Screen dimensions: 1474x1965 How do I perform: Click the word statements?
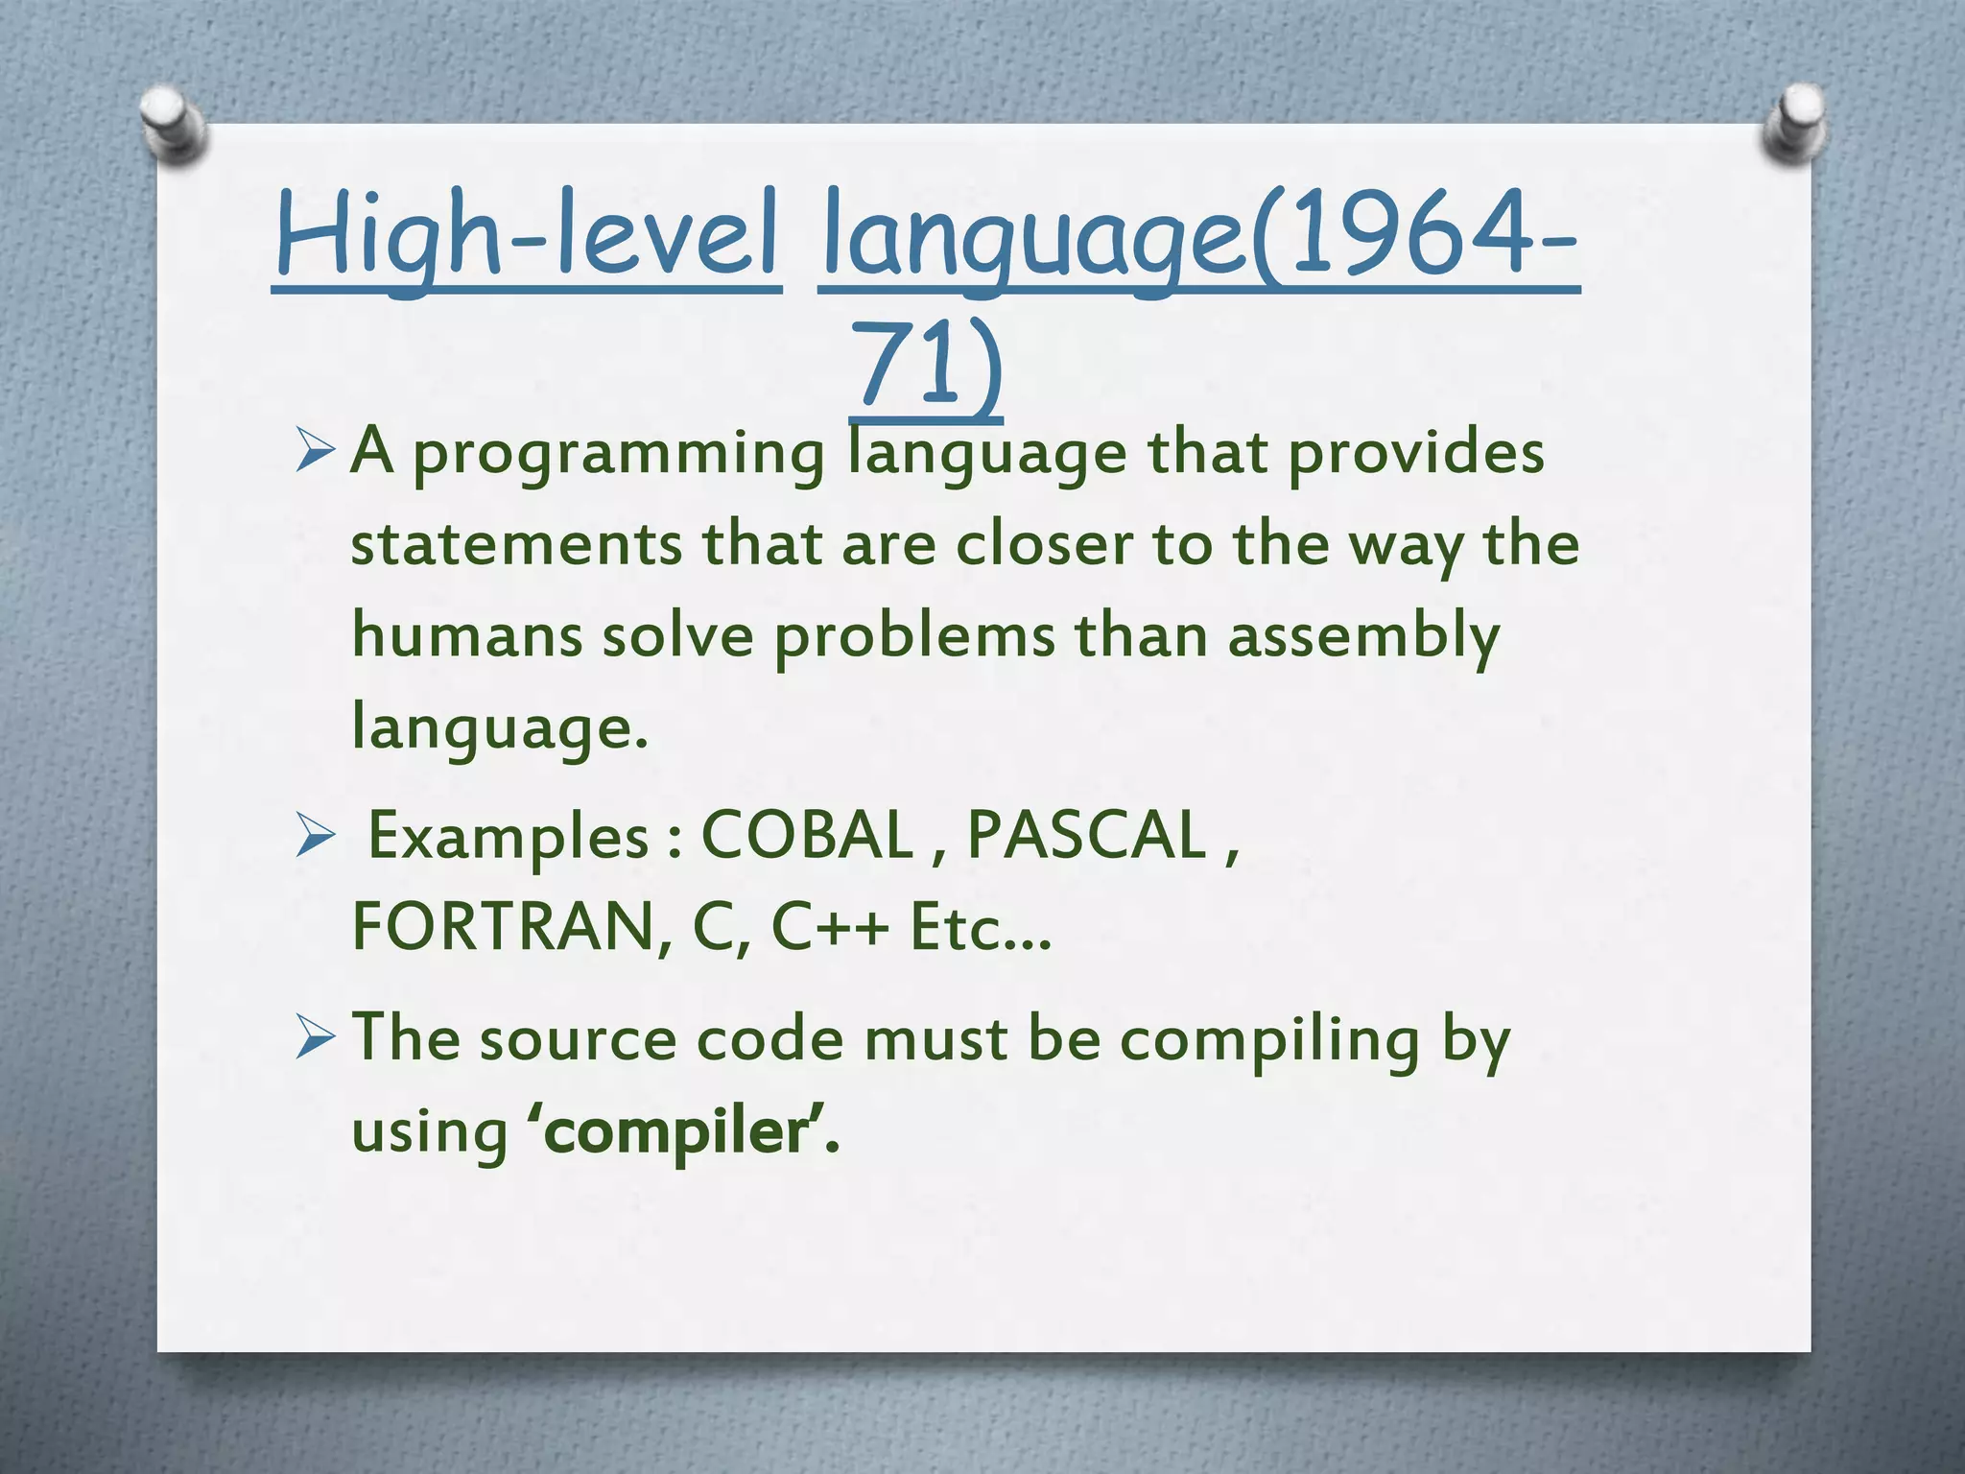tap(516, 544)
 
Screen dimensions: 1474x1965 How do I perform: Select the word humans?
tap(466, 635)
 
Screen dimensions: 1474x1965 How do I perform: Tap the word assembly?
tap(1363, 637)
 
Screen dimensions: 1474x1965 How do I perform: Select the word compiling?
tap(1269, 1041)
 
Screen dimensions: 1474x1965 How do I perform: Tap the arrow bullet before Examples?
tap(315, 836)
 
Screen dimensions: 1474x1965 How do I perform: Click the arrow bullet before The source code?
tap(315, 1039)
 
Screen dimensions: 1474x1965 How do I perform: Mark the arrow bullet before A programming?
tap(315, 451)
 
